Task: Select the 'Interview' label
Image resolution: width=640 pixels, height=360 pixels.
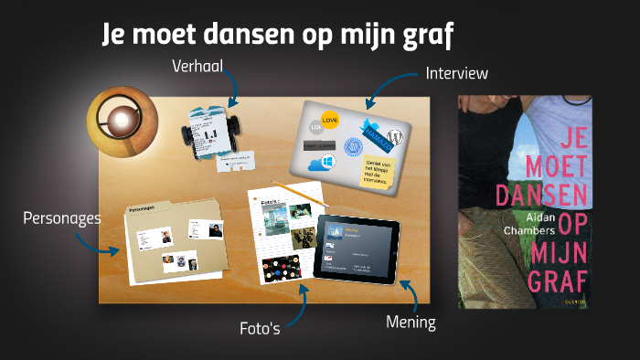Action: coord(457,73)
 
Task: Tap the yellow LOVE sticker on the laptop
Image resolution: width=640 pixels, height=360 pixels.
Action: coord(331,119)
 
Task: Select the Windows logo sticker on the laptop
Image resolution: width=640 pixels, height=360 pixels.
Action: coord(319,164)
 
